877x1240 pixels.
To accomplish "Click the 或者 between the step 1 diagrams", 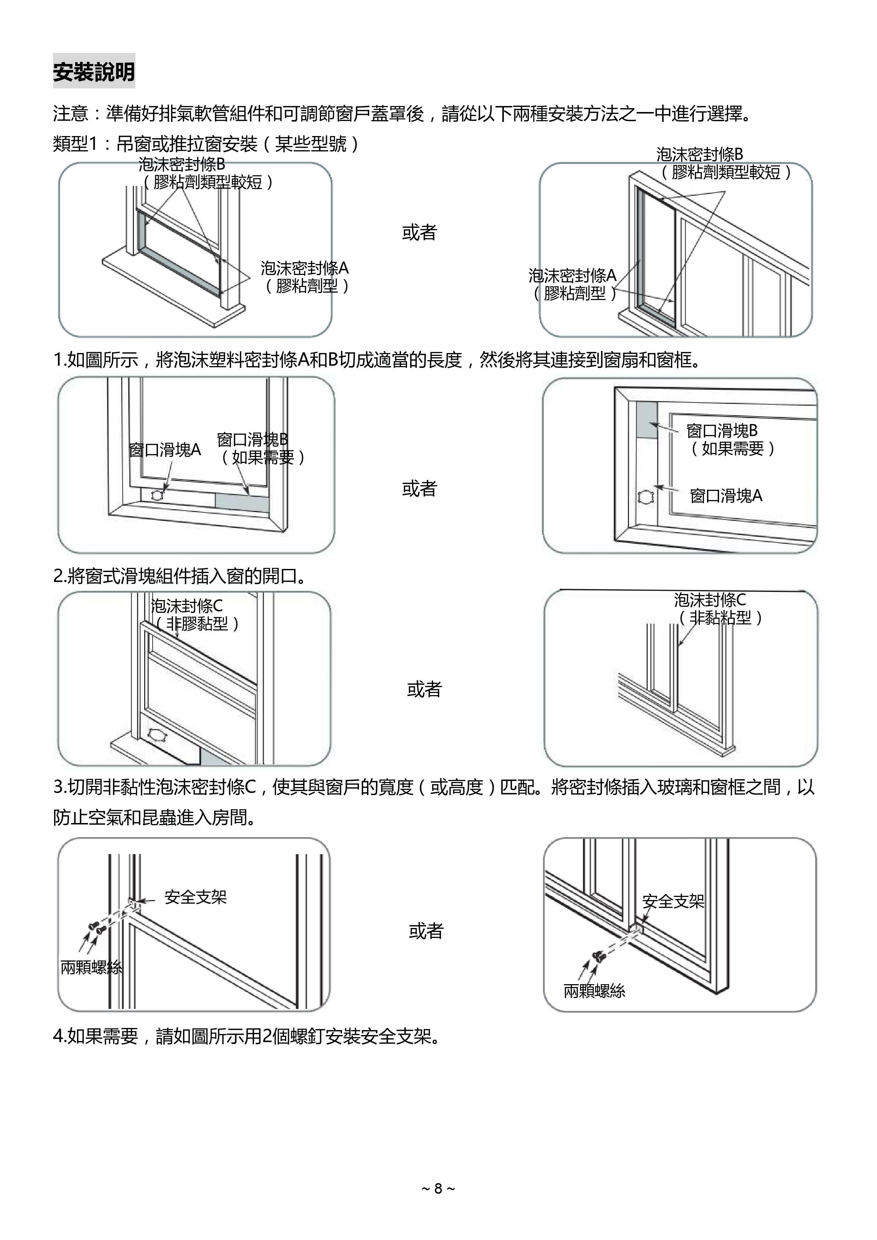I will tap(419, 233).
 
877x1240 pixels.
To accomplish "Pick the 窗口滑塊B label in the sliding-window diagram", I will tap(722, 431).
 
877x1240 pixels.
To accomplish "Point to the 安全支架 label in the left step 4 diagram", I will tap(195, 898).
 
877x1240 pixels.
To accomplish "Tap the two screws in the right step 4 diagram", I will tap(598, 956).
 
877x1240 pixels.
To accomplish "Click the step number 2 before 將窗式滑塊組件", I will tap(58, 576).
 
